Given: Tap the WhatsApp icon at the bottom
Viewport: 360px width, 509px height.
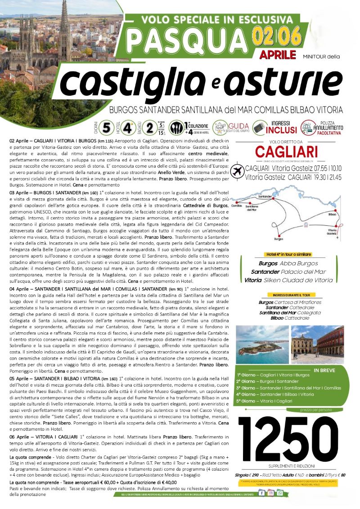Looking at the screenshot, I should point(279,493).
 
